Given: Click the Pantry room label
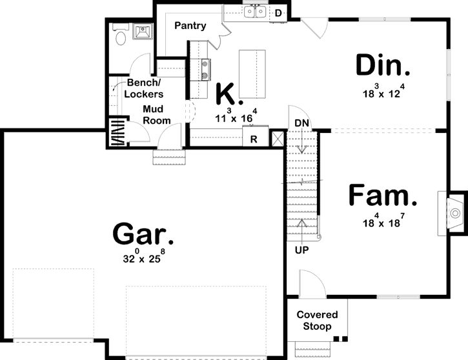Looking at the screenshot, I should coord(190,26).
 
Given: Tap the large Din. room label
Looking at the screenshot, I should coord(383,66).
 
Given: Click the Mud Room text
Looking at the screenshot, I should coord(157,115).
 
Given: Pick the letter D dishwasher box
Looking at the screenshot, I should coord(278,12).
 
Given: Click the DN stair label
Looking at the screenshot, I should coord(301,123).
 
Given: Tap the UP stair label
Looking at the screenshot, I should coord(301,249).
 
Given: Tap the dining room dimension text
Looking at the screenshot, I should coord(384,92).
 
